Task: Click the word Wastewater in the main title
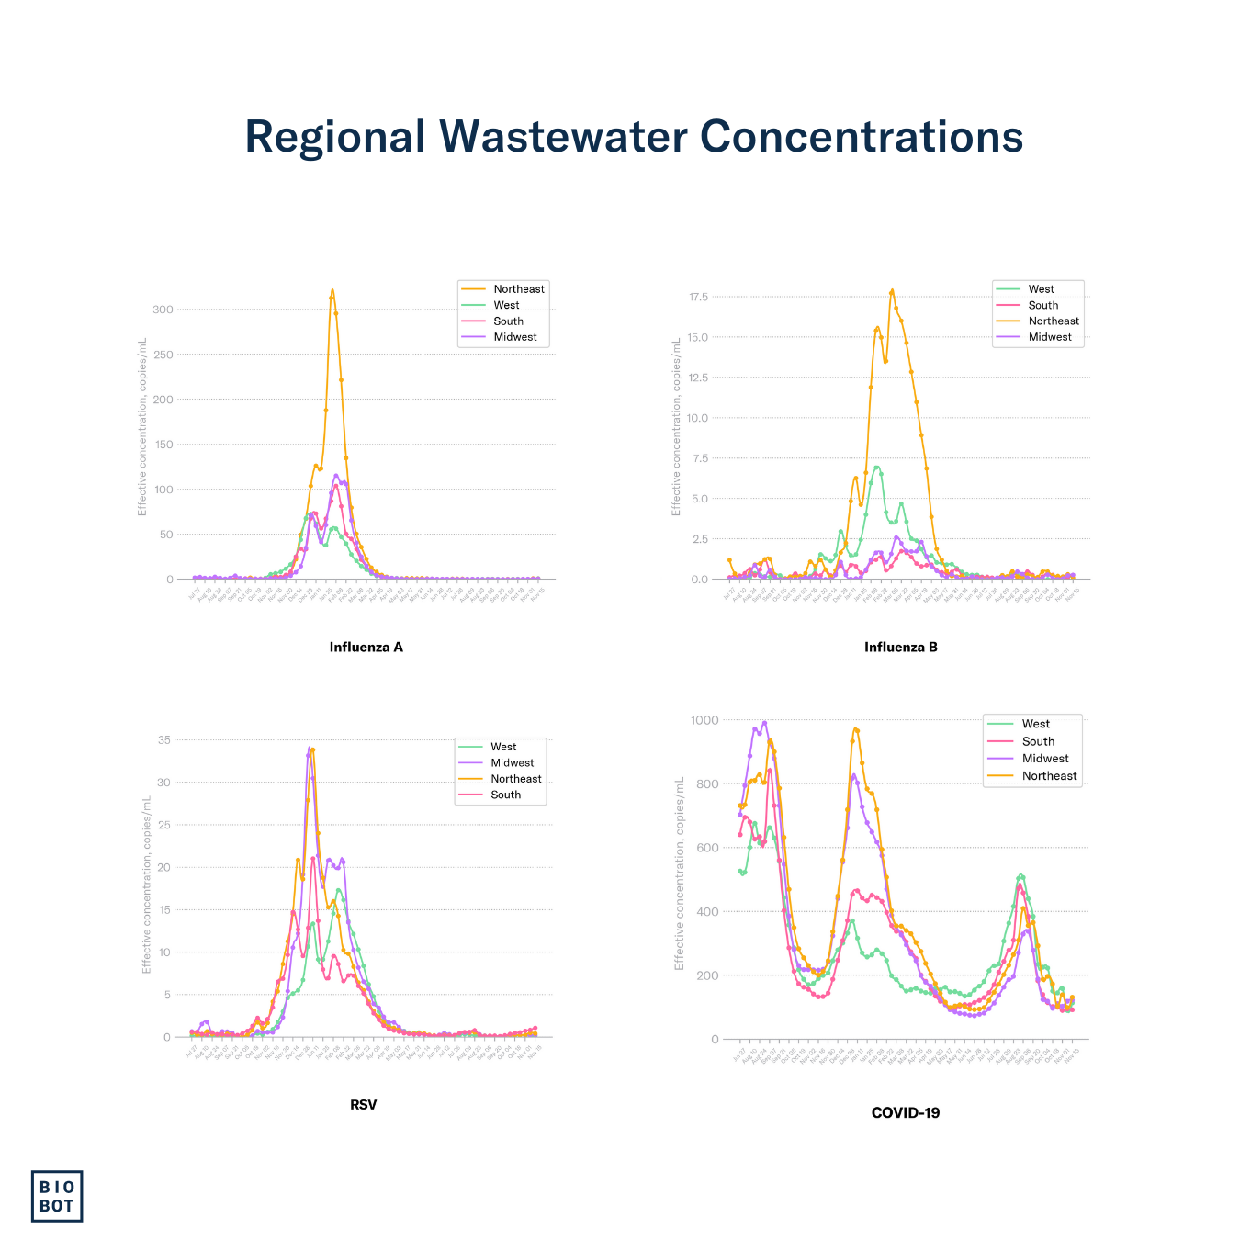click(x=563, y=137)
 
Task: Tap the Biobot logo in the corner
click(x=57, y=1196)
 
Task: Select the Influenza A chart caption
click(x=366, y=647)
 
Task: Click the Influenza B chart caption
click(x=900, y=647)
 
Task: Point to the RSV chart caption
click(x=363, y=1104)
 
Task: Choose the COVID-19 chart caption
click(x=905, y=1112)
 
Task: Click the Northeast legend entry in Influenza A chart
click(x=518, y=289)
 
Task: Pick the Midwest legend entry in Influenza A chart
click(x=514, y=337)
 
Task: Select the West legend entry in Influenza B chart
click(x=1041, y=289)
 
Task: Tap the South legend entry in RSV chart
click(x=505, y=795)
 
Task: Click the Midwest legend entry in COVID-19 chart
click(x=1045, y=759)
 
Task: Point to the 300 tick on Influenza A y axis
click(x=163, y=310)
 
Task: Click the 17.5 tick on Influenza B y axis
click(x=698, y=297)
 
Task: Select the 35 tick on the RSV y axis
click(x=164, y=740)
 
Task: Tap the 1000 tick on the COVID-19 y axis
click(x=704, y=720)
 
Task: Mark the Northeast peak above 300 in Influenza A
click(x=332, y=291)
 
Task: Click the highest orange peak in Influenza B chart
click(x=892, y=291)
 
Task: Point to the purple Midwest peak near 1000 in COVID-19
click(x=764, y=723)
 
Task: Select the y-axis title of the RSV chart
click(x=146, y=885)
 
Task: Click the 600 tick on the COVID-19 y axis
click(x=708, y=848)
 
